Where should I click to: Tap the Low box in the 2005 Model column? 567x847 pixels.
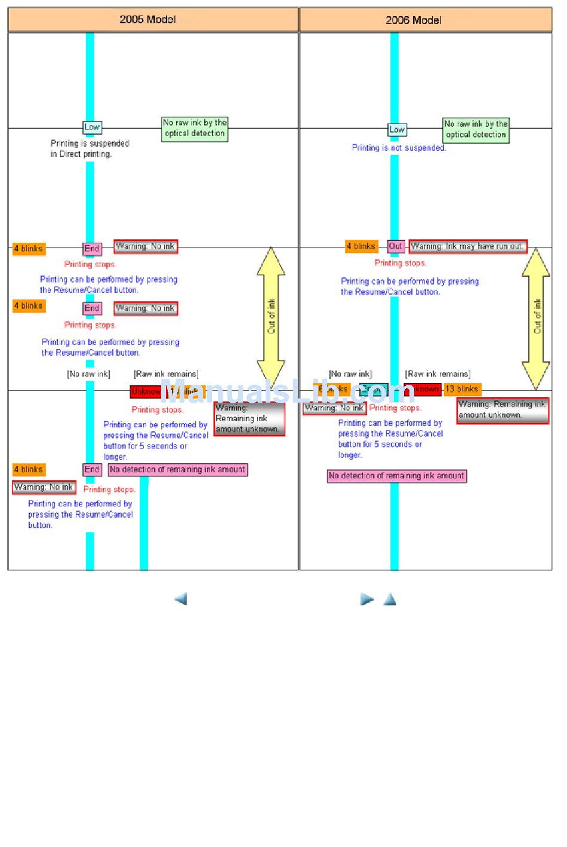[x=92, y=127]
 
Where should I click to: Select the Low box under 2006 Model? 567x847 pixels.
[x=397, y=129]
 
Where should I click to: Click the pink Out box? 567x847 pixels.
[x=396, y=246]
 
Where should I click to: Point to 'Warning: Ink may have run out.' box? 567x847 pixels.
[x=468, y=246]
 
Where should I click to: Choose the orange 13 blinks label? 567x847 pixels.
[x=462, y=389]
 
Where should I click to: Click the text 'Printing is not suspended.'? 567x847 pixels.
[x=399, y=148]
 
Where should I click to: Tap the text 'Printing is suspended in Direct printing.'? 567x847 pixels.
[x=90, y=149]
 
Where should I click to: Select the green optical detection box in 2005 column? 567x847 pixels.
[x=195, y=128]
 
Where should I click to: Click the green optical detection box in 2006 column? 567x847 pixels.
[x=476, y=129]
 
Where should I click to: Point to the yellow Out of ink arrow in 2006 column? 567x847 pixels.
[x=536, y=317]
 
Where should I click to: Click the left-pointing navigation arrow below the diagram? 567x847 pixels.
[x=180, y=599]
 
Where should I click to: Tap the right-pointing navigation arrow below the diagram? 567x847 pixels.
[x=367, y=599]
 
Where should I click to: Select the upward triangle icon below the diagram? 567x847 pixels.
[x=390, y=599]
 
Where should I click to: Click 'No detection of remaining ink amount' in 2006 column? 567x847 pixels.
[x=396, y=476]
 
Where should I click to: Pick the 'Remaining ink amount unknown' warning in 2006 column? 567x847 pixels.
[x=502, y=410]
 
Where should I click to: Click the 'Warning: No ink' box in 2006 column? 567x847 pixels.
[x=334, y=409]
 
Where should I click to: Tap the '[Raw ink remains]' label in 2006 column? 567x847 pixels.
[x=437, y=374]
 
